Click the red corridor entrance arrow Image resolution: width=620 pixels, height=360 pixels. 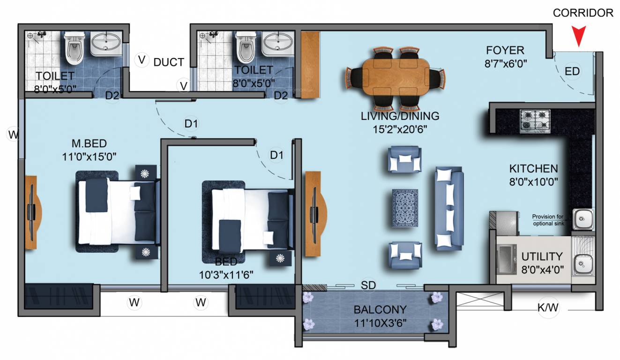click(580, 37)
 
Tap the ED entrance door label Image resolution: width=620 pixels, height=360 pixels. click(572, 71)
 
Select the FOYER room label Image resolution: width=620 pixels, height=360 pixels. click(505, 50)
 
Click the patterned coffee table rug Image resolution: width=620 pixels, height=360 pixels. click(405, 208)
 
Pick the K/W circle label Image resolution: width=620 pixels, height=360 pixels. click(548, 308)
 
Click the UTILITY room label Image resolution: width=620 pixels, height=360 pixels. click(542, 256)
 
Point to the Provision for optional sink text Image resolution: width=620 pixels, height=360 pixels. click(548, 220)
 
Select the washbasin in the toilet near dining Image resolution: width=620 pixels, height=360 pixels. click(277, 45)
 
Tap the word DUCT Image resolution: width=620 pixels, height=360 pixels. click(169, 62)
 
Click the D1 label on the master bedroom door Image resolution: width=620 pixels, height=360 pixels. click(191, 124)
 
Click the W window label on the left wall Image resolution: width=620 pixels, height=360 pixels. click(13, 135)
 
